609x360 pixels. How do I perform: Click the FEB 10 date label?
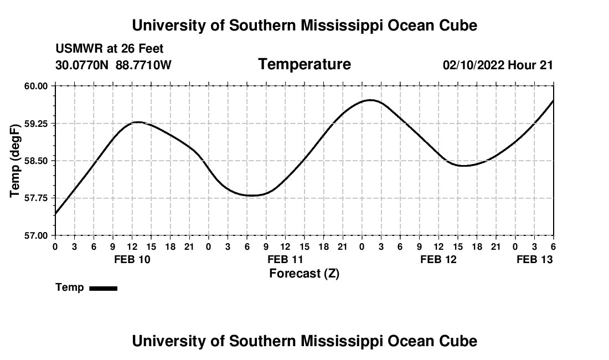tap(132, 259)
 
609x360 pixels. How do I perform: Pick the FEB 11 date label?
tap(285, 259)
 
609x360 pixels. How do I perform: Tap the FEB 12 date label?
tap(438, 259)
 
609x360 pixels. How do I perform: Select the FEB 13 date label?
tap(535, 259)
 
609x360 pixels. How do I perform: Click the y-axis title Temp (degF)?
tap(16, 161)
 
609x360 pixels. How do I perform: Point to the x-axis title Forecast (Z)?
tap(304, 273)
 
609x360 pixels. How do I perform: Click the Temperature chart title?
tap(304, 64)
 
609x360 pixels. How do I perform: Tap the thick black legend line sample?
tap(103, 288)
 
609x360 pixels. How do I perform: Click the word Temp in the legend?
tap(70, 287)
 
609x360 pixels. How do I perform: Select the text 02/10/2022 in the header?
tap(473, 65)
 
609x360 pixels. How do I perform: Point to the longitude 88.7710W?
tap(144, 65)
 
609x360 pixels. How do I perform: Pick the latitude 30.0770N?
tap(83, 65)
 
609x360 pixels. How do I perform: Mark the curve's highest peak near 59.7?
tap(370, 100)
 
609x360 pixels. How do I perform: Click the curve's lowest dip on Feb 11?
tap(252, 196)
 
